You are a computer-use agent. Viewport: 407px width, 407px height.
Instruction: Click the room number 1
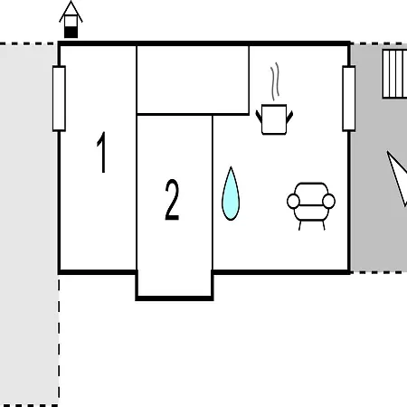click(x=102, y=152)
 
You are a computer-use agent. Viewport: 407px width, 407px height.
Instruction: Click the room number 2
click(x=172, y=200)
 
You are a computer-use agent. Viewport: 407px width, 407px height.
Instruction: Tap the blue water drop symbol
click(x=231, y=194)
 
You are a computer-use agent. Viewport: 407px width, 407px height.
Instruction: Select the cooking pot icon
click(x=274, y=119)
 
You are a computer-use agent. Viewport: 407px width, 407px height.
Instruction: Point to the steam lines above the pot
click(x=275, y=81)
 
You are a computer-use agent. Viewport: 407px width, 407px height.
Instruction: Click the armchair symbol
click(x=311, y=206)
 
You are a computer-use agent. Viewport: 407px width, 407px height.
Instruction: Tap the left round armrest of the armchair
click(x=293, y=202)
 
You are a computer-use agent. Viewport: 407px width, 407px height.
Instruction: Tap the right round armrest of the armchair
click(x=328, y=202)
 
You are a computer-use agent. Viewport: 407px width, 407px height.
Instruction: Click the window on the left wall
click(x=59, y=99)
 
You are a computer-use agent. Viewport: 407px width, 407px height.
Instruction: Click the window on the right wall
click(x=349, y=99)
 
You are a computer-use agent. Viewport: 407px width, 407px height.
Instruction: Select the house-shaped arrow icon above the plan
click(x=71, y=20)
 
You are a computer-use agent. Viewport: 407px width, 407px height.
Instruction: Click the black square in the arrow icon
click(x=71, y=33)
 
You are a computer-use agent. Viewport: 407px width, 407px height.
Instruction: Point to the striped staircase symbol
click(x=395, y=74)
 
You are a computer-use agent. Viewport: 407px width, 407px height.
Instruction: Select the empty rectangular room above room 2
click(x=193, y=80)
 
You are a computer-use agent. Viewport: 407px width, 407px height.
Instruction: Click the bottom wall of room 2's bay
click(x=175, y=298)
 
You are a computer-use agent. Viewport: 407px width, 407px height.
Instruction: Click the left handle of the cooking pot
click(x=259, y=117)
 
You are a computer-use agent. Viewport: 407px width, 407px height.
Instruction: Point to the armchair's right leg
click(x=324, y=225)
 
